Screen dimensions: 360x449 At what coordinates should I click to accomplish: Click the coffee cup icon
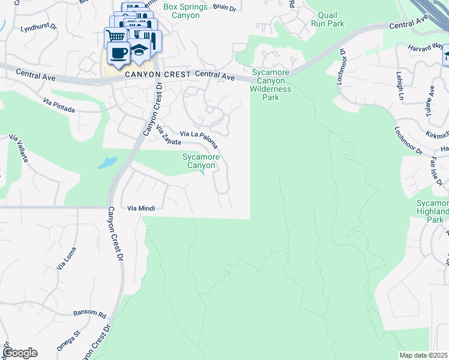(118, 52)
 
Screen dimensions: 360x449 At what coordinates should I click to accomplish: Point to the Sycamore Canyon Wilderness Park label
(271, 85)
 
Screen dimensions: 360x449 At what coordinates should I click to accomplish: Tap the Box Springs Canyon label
(181, 11)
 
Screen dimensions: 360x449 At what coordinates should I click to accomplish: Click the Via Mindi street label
(141, 208)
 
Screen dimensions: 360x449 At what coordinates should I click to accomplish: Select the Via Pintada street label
(59, 106)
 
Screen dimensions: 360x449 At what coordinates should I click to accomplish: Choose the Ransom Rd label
(89, 314)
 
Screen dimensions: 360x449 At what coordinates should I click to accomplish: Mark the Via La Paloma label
(199, 139)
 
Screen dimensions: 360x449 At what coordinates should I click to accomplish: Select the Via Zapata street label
(169, 137)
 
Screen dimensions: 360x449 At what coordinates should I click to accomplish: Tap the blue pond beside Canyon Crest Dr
(107, 162)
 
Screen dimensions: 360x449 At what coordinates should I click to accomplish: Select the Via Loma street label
(67, 257)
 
